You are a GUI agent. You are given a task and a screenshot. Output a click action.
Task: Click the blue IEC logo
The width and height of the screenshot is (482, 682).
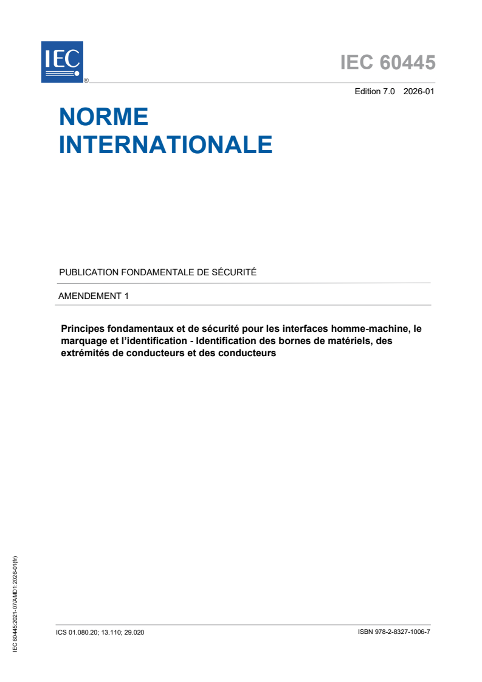pyautogui.click(x=62, y=61)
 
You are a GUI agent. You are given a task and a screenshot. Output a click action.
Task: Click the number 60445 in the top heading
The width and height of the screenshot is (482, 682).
pyautogui.click(x=408, y=63)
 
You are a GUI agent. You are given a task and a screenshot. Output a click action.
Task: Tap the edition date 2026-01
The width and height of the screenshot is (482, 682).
pyautogui.click(x=419, y=92)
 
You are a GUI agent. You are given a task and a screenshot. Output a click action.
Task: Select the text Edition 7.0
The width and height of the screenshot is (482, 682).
pyautogui.click(x=374, y=92)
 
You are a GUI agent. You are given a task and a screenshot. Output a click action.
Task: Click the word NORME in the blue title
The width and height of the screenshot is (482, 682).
pyautogui.click(x=104, y=116)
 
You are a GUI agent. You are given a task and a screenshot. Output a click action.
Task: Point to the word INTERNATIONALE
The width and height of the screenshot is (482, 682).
pyautogui.click(x=165, y=145)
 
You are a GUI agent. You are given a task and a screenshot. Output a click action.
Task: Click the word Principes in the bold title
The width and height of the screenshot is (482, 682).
pyautogui.click(x=83, y=329)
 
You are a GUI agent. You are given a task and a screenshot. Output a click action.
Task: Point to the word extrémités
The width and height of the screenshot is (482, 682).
pyautogui.click(x=86, y=353)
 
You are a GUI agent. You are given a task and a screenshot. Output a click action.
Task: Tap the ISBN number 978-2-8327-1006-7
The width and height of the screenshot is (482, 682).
pyautogui.click(x=404, y=632)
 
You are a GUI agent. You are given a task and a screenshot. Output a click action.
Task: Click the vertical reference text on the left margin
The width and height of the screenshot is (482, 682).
pyautogui.click(x=15, y=604)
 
